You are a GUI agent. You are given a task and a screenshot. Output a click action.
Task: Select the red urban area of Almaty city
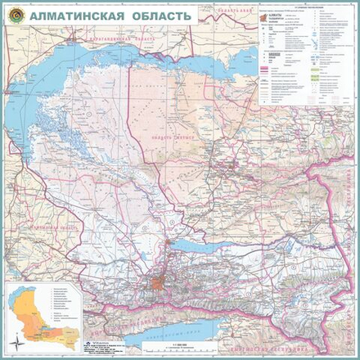[159, 282]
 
